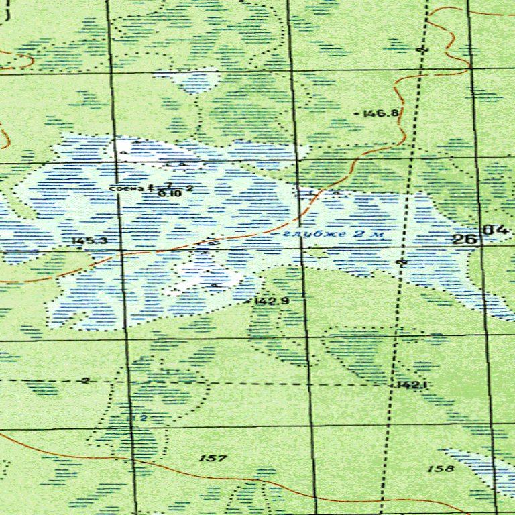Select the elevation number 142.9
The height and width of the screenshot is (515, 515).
tap(272, 302)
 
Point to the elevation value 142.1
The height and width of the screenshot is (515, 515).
tap(412, 385)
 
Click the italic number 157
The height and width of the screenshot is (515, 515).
tap(213, 459)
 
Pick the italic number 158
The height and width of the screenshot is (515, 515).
tap(440, 469)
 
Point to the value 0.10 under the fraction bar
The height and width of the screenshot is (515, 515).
tap(170, 193)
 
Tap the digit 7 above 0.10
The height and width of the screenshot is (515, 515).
tap(170, 185)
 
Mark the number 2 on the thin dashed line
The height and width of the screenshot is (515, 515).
tap(85, 381)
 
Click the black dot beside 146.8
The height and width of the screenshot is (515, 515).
tap(355, 115)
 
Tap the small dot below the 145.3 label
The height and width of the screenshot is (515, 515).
tap(80, 249)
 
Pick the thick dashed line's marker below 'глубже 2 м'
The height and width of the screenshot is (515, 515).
tap(402, 260)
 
